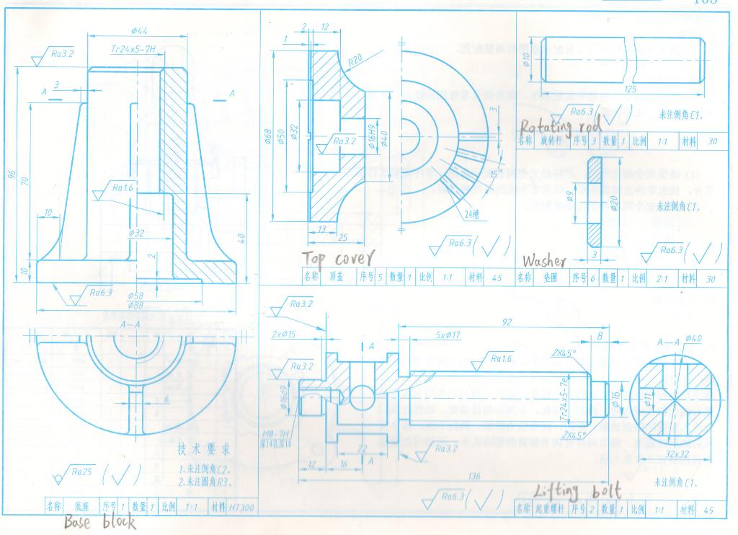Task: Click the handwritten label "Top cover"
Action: click(338, 258)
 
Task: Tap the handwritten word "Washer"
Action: click(544, 260)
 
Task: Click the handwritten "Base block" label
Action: click(99, 521)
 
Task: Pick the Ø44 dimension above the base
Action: click(139, 30)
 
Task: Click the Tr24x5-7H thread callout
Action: click(134, 50)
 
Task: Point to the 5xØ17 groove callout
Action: click(450, 335)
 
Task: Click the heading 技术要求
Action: click(204, 449)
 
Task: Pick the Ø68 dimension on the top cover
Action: click(268, 136)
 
